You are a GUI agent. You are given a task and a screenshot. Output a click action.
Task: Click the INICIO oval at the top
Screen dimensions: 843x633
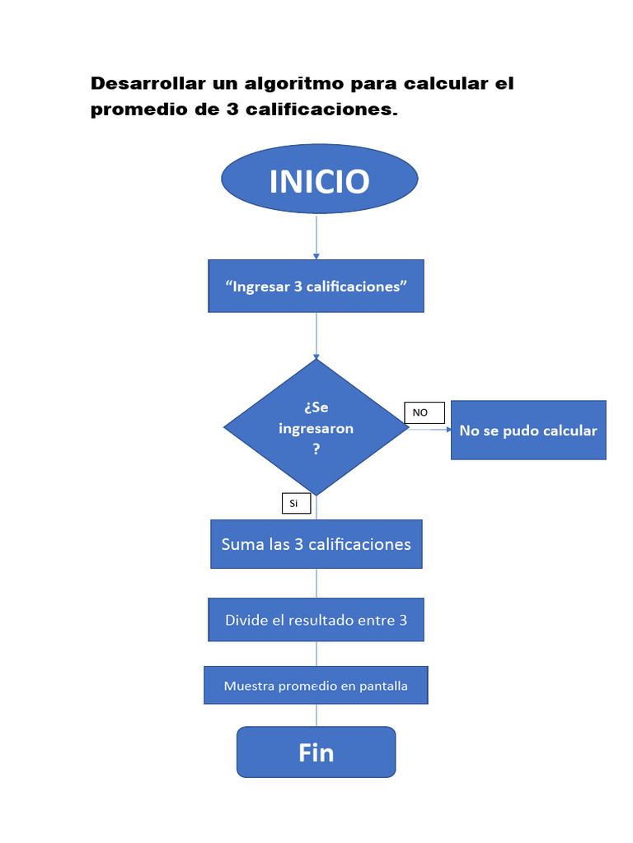pos(319,180)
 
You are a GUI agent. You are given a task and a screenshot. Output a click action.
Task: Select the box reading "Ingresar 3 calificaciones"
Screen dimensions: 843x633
pos(316,286)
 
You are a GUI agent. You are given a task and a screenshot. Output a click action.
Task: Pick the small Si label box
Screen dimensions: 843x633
pos(295,502)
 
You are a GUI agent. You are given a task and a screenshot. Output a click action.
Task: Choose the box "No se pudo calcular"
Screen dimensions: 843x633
pos(528,431)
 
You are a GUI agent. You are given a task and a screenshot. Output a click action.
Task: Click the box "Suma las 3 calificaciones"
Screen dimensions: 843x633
pos(316,544)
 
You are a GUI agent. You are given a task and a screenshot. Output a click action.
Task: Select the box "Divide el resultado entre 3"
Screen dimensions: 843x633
pos(316,620)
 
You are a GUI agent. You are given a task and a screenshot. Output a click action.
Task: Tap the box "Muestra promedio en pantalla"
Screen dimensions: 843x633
pos(316,685)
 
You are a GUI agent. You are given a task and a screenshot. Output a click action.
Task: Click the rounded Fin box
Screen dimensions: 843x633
pos(316,752)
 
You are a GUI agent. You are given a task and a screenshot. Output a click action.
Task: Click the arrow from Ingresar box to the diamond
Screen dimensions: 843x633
pos(316,336)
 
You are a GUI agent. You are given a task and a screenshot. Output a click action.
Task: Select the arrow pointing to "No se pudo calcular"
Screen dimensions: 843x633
pos(430,430)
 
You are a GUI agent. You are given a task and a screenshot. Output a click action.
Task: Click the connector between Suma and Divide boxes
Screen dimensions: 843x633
pos(316,583)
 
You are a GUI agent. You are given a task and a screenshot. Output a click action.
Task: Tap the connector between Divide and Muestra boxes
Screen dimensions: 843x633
pos(316,654)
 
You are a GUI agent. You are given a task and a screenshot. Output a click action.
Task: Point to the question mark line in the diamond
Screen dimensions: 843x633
pos(316,450)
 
